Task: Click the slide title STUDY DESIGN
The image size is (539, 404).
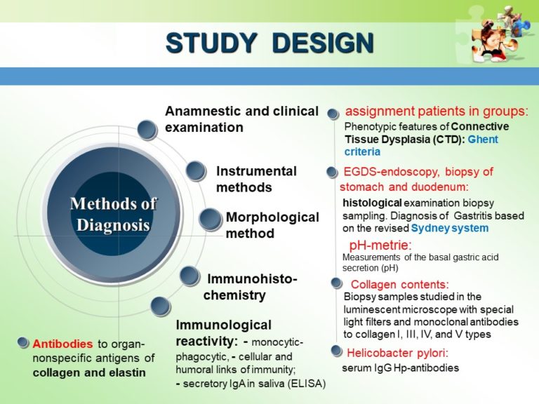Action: click(269, 43)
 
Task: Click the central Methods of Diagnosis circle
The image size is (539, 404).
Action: click(113, 215)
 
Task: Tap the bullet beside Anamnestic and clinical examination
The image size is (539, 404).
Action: click(147, 129)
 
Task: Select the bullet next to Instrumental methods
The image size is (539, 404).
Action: click(197, 171)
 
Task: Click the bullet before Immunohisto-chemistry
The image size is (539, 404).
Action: click(189, 276)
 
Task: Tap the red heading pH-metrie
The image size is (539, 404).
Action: click(380, 245)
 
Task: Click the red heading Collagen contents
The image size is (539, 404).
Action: click(399, 284)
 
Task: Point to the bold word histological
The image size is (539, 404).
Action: click(371, 203)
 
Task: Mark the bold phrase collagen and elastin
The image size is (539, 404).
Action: click(89, 372)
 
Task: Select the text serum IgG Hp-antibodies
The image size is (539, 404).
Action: click(400, 368)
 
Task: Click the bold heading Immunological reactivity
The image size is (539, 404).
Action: click(223, 332)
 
